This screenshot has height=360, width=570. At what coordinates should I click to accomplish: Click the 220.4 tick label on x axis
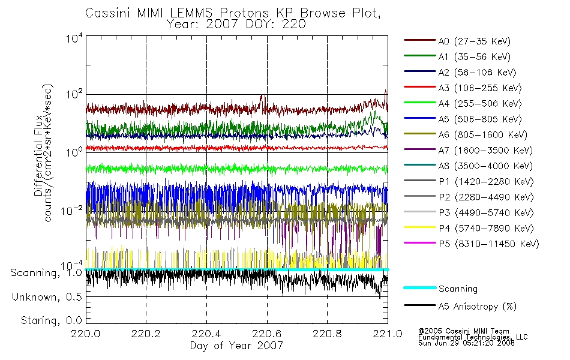206,334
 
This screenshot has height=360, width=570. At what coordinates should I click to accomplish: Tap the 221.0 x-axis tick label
388,334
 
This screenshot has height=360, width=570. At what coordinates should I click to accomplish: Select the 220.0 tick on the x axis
86,334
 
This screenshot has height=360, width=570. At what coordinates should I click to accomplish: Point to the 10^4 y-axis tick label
74,38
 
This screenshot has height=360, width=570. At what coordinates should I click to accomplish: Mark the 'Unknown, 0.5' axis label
47,297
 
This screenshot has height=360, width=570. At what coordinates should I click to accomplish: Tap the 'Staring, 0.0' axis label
51,320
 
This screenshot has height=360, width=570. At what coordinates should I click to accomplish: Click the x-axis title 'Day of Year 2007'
236,346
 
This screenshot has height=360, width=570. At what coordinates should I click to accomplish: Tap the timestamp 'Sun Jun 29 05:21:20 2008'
466,343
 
